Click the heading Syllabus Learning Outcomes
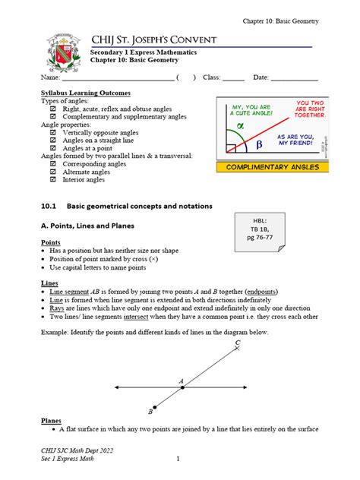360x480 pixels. point(85,93)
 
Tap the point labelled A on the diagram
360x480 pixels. point(182,387)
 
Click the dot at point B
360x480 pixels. point(155,407)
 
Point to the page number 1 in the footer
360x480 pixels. point(177,459)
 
